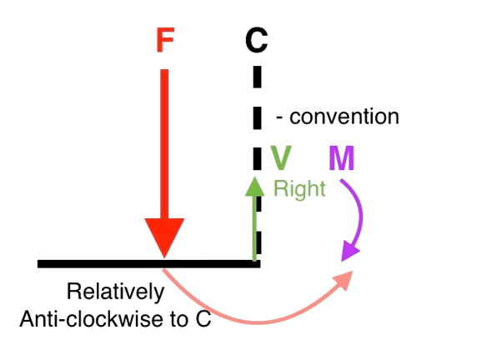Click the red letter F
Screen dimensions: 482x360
[165, 40]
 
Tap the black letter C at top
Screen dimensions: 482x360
[257, 40]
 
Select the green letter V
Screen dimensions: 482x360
[281, 157]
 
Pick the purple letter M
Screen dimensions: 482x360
[342, 157]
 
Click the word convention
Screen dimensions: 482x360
[344, 117]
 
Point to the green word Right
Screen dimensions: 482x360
[299, 189]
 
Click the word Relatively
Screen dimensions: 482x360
[116, 292]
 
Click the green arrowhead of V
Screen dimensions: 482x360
[255, 187]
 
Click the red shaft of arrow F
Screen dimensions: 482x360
[164, 144]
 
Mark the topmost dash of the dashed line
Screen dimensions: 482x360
[258, 77]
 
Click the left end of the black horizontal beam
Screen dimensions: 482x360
[38, 264]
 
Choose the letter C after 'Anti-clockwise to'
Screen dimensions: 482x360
[203, 319]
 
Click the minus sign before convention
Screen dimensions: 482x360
[279, 117]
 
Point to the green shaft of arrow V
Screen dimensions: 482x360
[254, 228]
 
